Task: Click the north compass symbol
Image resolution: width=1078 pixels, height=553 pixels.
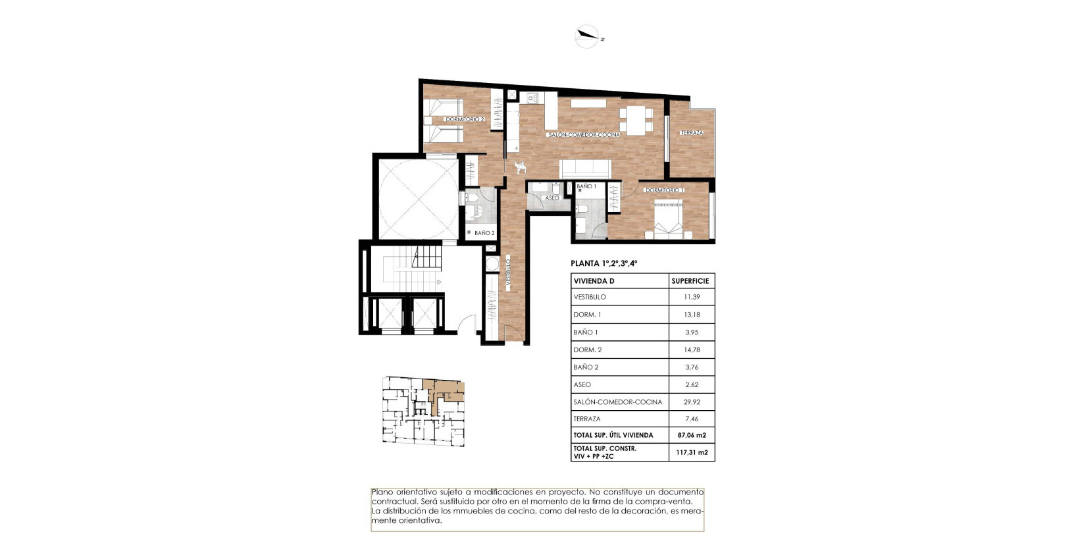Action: (587, 37)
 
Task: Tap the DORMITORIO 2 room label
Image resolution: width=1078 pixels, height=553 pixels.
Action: (465, 120)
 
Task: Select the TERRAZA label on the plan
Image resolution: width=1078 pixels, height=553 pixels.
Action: (692, 133)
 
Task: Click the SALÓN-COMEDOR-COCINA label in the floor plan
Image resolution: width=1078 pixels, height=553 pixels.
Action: (584, 135)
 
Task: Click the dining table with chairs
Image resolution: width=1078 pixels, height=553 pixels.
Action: (636, 121)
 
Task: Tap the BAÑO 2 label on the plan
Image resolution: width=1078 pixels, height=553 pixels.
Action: (484, 233)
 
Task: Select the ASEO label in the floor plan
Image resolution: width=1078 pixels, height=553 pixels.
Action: (552, 198)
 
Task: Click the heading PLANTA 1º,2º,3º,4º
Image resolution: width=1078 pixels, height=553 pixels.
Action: (604, 263)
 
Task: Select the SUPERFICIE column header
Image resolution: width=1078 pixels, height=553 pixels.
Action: (690, 281)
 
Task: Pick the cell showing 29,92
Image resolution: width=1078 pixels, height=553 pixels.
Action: (692, 402)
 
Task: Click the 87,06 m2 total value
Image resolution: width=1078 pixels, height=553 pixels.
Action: (692, 435)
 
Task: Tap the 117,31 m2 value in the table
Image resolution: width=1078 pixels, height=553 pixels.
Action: (692, 452)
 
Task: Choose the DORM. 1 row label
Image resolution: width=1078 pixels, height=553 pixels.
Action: (587, 315)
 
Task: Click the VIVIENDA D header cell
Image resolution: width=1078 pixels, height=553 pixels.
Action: (594, 281)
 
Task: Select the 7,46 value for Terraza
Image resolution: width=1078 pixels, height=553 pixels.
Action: (692, 419)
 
